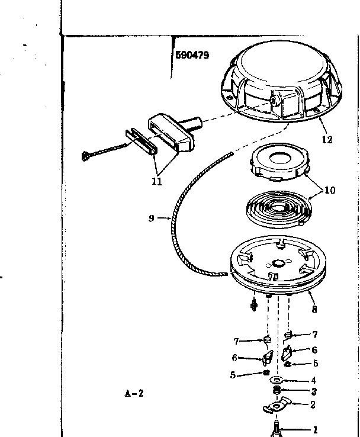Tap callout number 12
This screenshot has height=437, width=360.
click(x=326, y=140)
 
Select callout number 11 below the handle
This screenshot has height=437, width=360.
click(x=156, y=182)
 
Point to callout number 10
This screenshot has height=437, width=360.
click(x=329, y=190)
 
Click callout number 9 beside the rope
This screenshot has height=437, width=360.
click(x=152, y=218)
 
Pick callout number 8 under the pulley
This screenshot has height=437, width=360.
click(x=313, y=309)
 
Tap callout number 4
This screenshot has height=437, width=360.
click(x=313, y=380)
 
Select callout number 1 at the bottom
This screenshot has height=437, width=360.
click(x=315, y=429)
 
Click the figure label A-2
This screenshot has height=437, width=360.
click(x=134, y=392)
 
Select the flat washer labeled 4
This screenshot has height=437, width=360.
click(x=277, y=380)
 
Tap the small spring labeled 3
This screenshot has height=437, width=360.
click(x=277, y=391)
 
